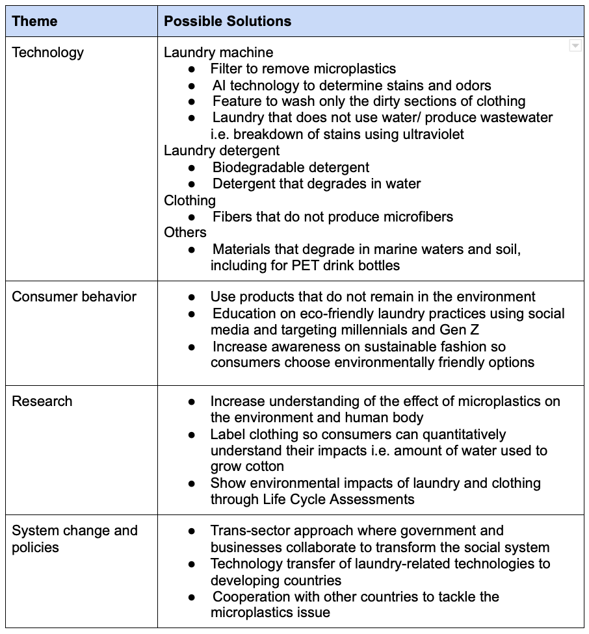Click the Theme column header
tap(34, 21)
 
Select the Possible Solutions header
tap(227, 21)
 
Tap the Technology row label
tap(47, 52)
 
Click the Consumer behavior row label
tap(74, 297)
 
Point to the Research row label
tap(42, 401)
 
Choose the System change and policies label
tap(74, 539)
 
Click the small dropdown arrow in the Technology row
tap(575, 45)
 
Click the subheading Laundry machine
tap(218, 52)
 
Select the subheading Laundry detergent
tap(222, 151)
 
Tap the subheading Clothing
tap(189, 200)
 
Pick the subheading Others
tap(185, 233)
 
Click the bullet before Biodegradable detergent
tap(191, 168)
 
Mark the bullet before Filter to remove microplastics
tap(191, 69)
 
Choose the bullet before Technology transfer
tap(191, 564)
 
